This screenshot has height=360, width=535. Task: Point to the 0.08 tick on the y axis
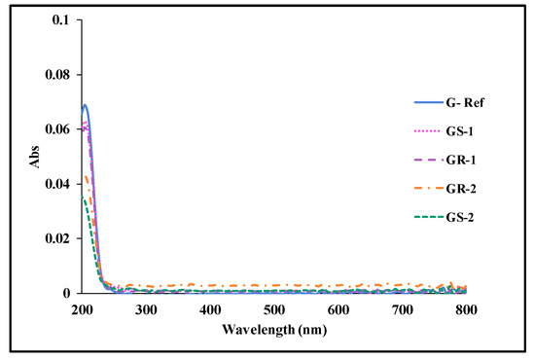57,75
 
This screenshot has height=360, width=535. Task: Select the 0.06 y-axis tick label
57,129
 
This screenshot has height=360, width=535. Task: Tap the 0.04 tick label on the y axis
57,184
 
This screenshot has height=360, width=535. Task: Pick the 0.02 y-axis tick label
57,238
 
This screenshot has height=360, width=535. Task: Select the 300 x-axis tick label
147,308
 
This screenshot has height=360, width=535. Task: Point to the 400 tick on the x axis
211,308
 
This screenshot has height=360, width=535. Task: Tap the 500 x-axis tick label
275,308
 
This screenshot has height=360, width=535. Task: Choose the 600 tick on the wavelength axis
339,308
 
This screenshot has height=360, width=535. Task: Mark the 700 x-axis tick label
403,308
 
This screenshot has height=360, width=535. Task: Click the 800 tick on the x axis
467,308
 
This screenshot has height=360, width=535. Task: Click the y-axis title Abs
36,156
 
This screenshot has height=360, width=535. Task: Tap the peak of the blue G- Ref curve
86,105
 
